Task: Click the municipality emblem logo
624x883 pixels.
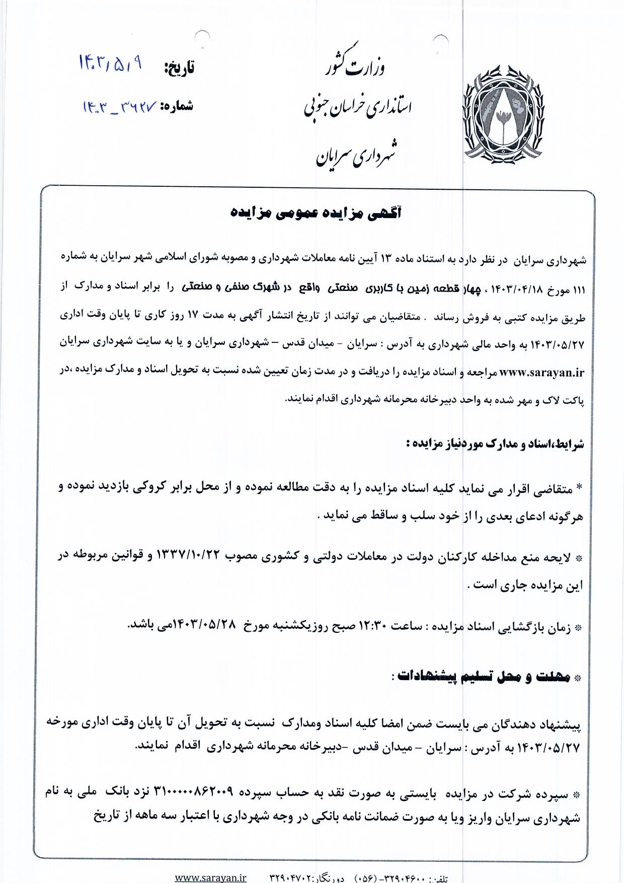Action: pos(503,114)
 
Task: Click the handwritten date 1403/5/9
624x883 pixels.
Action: pos(110,64)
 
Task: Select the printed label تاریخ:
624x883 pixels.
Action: pos(179,68)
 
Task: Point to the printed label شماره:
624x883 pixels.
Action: pos(177,106)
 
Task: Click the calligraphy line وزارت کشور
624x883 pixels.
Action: pos(356,64)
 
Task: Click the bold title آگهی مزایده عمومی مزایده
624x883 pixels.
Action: pos(316,213)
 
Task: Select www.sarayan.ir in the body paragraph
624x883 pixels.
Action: pos(542,373)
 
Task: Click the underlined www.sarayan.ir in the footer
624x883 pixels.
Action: pos(210,877)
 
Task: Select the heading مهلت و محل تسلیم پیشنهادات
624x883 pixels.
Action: pos(483,677)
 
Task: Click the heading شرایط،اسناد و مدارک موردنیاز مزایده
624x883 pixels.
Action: pos(495,444)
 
